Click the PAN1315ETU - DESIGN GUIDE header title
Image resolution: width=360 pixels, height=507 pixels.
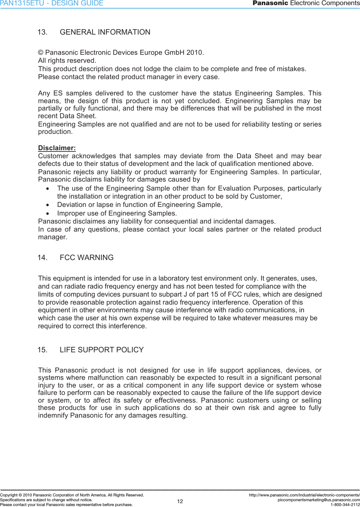pos(52,4)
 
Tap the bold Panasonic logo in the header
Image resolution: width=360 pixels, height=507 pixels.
pos(270,3)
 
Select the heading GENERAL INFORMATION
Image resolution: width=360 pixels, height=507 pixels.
pos(105,32)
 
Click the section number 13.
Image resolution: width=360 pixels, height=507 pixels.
pos(42,32)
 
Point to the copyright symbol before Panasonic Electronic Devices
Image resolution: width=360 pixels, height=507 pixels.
pos(41,53)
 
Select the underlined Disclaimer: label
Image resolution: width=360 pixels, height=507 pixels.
pos(57,148)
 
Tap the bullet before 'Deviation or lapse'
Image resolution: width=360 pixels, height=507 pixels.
pos(48,205)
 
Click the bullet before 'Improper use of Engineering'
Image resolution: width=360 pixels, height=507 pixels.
pos(48,214)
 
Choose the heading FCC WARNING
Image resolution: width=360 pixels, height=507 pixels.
pos(87,258)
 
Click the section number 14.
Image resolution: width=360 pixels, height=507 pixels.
pos(42,258)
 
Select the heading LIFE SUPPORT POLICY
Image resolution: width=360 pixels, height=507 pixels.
pos(102,350)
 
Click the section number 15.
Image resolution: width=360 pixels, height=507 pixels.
pos(42,350)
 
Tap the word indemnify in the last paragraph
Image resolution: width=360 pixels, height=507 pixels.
pos(53,416)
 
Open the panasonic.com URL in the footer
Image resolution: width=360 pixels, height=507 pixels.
pos(304,495)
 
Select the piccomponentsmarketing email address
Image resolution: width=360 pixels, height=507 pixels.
pos(319,500)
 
